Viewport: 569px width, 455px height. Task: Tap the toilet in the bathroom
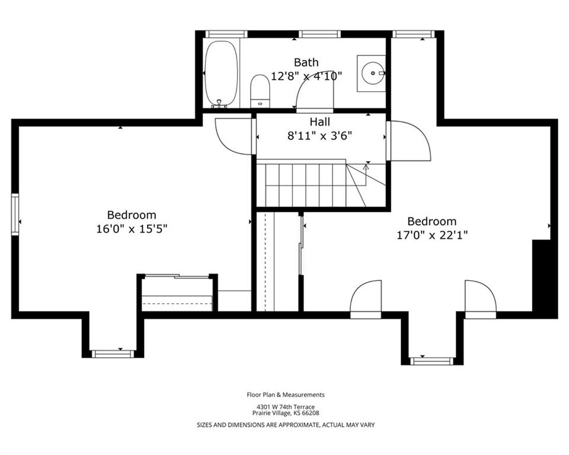260,91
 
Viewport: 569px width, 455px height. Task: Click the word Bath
306,62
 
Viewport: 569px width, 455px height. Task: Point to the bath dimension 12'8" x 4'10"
307,76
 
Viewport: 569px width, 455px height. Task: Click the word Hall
320,121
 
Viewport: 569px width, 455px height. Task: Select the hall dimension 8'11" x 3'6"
320,136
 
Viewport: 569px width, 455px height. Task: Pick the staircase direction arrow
366,175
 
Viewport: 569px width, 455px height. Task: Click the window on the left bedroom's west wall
15,214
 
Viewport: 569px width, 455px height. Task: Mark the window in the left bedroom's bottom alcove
112,354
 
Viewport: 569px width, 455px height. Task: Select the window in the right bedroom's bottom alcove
432,361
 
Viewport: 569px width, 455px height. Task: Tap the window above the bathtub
226,34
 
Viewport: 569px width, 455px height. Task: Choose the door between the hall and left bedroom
235,136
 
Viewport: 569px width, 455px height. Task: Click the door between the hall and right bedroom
408,141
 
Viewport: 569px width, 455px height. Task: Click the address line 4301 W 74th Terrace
286,407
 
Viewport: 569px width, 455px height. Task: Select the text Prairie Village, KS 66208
286,413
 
